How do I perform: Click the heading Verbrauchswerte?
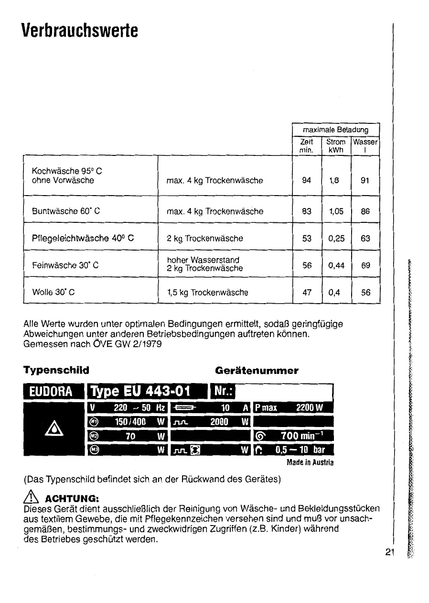80,30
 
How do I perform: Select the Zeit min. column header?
306,146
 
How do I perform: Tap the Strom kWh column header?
336,146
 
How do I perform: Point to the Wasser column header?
365,146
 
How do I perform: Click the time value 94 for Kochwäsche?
307,180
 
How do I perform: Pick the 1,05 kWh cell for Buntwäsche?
336,211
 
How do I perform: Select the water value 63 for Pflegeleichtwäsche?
365,238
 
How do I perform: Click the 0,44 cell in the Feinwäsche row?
336,265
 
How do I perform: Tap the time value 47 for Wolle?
307,292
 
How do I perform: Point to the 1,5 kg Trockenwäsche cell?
207,292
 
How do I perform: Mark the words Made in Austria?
310,462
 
